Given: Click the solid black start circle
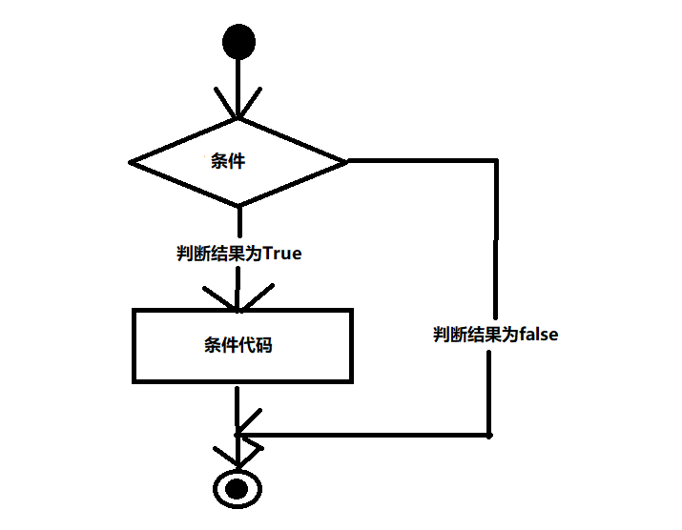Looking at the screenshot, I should pyautogui.click(x=238, y=42).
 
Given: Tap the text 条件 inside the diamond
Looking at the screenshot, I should pyautogui.click(x=228, y=161).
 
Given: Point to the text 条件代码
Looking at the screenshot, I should pyautogui.click(x=238, y=345).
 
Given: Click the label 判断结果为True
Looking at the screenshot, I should pyautogui.click(x=238, y=254).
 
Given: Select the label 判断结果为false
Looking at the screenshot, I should pyautogui.click(x=495, y=335).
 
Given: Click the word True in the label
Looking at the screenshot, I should pyautogui.click(x=282, y=254).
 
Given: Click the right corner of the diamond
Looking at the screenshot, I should pyautogui.click(x=345, y=161).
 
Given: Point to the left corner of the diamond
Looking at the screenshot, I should pyautogui.click(x=132, y=162).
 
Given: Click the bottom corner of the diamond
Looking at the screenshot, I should pyautogui.click(x=238, y=204).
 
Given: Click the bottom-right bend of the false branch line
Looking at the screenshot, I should pyautogui.click(x=489, y=435).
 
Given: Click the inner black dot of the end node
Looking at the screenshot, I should pyautogui.click(x=236, y=488).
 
